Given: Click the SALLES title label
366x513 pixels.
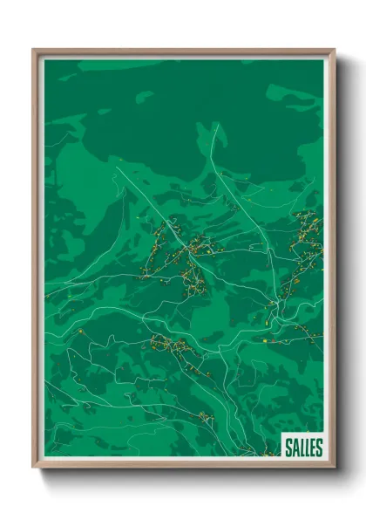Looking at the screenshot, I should point(303,448).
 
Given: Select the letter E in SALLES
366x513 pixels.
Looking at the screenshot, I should point(312,448).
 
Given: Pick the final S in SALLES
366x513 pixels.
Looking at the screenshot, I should point(318,448).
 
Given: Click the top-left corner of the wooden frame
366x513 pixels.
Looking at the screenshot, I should point(34,50).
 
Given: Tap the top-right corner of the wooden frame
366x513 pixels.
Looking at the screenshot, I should point(335,50).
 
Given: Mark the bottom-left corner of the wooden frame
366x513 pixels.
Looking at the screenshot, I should point(34,467).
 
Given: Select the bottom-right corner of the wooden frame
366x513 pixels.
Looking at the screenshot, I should point(335,467).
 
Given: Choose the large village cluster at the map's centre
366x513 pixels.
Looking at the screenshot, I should point(179,253).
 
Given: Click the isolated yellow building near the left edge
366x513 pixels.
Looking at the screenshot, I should point(80,332).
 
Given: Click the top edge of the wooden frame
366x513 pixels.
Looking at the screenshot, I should point(183,51).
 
